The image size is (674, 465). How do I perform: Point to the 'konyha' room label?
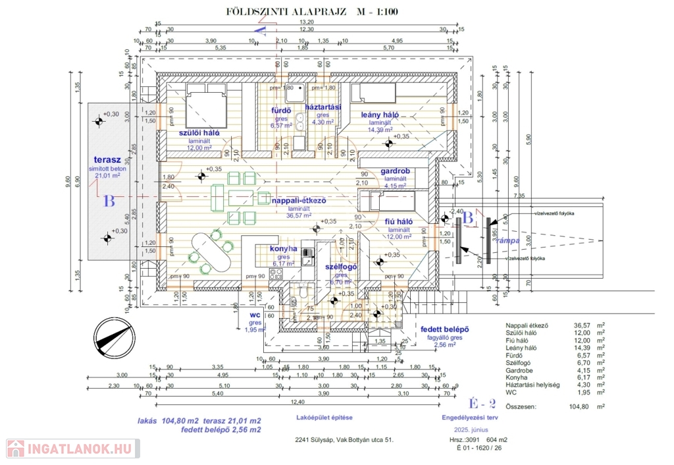point(284,249)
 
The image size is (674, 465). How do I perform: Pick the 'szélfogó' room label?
point(341,267)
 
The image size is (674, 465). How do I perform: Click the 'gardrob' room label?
point(395,171)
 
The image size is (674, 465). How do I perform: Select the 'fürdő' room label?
point(281,109)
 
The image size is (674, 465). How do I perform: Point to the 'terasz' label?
point(107,159)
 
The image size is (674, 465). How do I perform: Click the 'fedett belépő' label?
point(444,329)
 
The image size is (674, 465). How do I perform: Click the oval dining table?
point(209,253)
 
